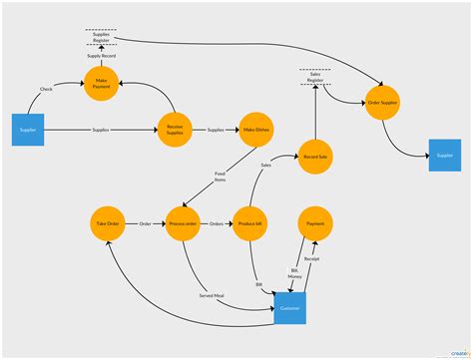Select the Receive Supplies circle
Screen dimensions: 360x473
[x=174, y=129]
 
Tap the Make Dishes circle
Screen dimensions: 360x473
[x=255, y=129]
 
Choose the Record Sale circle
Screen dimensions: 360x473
[x=315, y=157]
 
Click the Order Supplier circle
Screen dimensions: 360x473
[x=382, y=104]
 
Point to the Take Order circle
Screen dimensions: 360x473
[x=106, y=223]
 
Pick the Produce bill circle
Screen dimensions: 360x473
[x=248, y=223]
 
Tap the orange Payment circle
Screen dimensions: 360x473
[x=315, y=223]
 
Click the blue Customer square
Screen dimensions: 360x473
[x=290, y=308]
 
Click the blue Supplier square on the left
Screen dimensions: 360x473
[x=29, y=129]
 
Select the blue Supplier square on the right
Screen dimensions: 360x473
[x=444, y=156]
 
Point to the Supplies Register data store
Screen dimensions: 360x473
[x=100, y=37]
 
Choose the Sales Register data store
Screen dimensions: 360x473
[x=315, y=77]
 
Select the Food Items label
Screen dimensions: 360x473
[x=220, y=177]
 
